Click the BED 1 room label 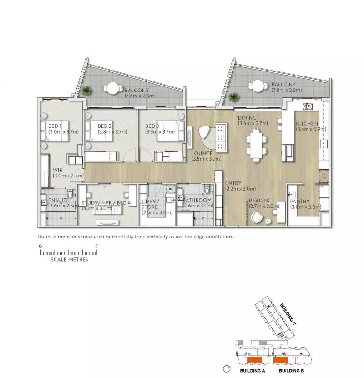55,126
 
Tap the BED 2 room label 105,126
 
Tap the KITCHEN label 307,124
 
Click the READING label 260,201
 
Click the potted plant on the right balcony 234,97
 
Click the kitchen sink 308,107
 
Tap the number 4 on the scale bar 96,246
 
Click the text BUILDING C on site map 288,314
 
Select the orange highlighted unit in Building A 253,361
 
